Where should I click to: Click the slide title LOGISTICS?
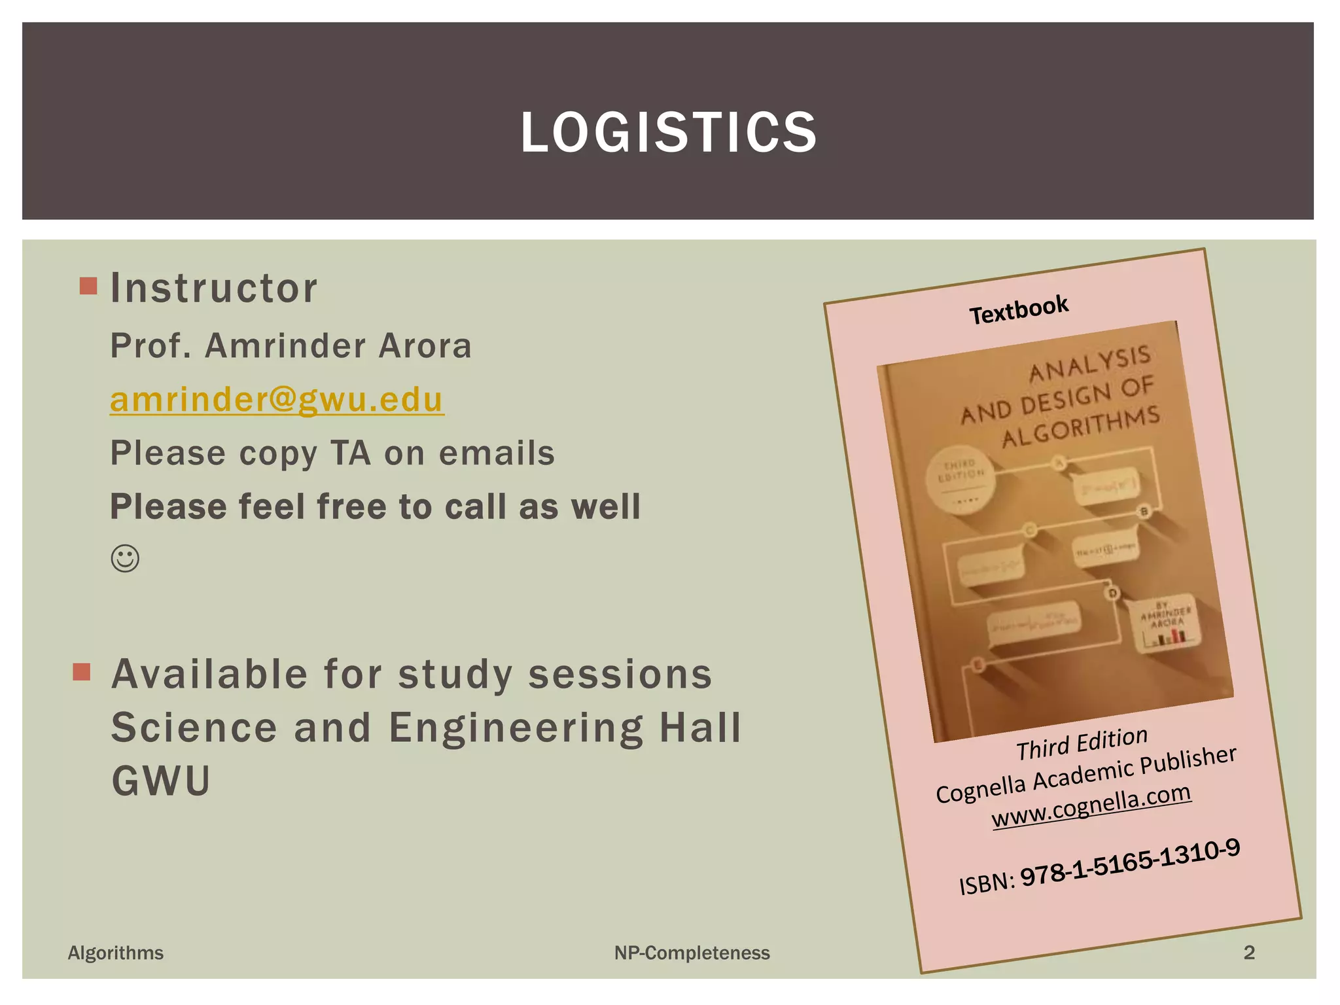[x=669, y=133]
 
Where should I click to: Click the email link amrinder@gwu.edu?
[x=277, y=400]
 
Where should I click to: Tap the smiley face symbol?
[x=125, y=559]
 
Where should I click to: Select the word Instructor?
[x=214, y=288]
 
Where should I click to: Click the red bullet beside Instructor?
[x=88, y=286]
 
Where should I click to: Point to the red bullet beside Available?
[x=82, y=672]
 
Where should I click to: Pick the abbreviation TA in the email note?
[x=350, y=453]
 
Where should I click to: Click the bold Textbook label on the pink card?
[x=1019, y=309]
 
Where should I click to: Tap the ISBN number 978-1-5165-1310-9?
[x=1130, y=863]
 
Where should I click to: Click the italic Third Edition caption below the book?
[x=1082, y=744]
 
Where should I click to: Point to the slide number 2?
[x=1249, y=952]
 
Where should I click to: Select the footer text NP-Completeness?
[x=692, y=953]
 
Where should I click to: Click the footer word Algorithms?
[x=116, y=953]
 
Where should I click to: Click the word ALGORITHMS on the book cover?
[x=1081, y=427]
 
